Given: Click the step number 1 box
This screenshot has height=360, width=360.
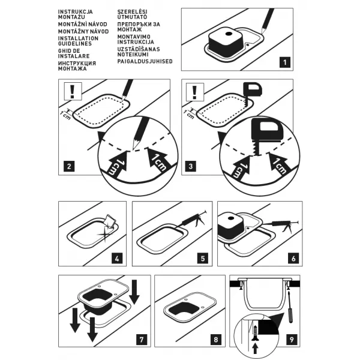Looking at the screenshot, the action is [x=284, y=62].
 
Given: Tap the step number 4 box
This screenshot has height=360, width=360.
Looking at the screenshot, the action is [x=117, y=258].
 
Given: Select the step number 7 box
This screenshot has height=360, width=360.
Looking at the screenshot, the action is [x=142, y=339].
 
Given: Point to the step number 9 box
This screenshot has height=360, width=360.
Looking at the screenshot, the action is [x=292, y=339].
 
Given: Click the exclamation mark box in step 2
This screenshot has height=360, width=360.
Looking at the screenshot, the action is [x=73, y=91].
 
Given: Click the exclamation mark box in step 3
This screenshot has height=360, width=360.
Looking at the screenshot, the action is [x=195, y=92].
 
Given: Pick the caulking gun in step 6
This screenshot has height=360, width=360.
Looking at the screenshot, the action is [x=281, y=224].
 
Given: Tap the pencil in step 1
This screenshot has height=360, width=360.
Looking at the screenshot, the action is [x=268, y=20].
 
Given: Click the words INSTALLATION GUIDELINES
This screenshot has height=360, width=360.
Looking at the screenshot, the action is [x=78, y=41].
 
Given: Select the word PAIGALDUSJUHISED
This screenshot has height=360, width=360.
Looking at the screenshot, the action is [x=145, y=61].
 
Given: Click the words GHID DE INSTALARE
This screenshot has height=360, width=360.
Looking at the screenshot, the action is [x=74, y=53].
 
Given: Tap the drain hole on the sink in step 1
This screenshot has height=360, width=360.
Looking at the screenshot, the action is [x=229, y=34].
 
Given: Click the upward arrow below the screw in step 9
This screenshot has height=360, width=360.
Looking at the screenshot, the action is [x=255, y=349].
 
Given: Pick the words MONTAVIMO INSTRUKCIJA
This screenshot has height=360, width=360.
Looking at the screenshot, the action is [x=136, y=39].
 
